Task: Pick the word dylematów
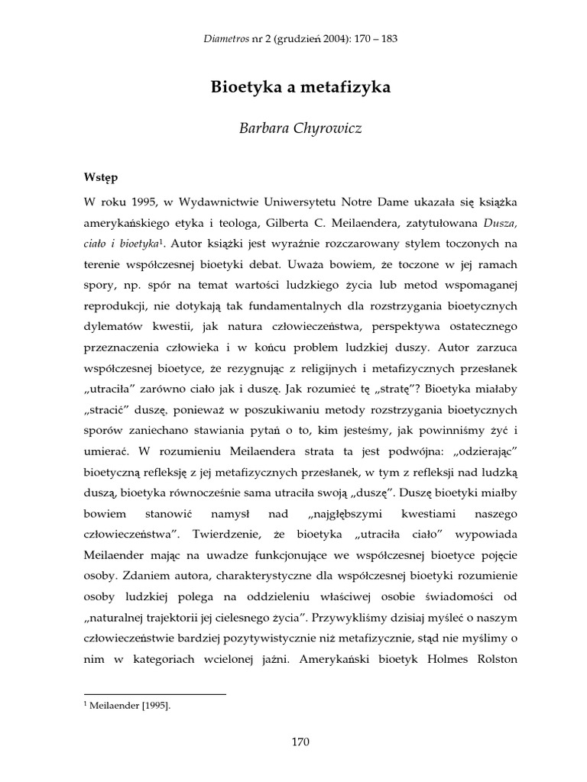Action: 114,327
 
